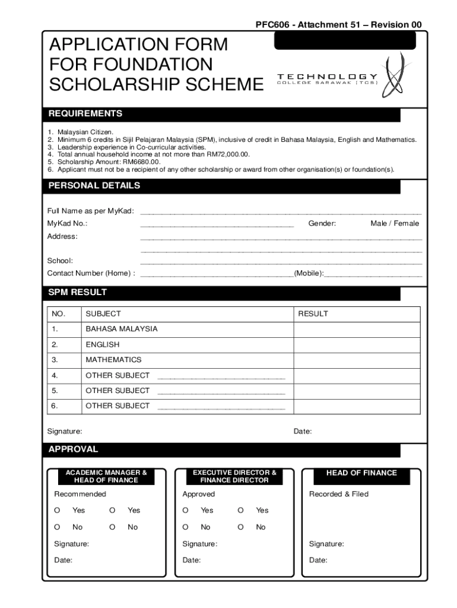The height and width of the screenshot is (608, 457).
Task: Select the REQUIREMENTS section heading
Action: [85, 113]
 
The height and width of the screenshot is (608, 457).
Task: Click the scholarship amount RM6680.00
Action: [141, 161]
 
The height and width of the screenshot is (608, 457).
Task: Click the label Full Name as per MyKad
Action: [90, 211]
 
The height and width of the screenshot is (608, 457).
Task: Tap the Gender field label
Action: [322, 223]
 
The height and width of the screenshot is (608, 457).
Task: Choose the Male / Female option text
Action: [395, 223]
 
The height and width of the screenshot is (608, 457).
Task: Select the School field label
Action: [60, 261]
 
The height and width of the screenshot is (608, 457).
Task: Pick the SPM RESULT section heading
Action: [77, 292]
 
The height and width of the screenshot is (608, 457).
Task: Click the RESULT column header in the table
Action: [313, 313]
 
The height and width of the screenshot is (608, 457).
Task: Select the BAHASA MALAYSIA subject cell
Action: [122, 329]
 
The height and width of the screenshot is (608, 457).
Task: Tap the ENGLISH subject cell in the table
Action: [102, 344]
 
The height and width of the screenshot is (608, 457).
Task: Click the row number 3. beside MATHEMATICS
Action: [55, 360]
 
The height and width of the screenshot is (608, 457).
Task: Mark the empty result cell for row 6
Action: [357, 406]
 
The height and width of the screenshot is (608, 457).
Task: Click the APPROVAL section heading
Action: [73, 449]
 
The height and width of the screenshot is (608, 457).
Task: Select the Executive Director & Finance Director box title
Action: [234, 476]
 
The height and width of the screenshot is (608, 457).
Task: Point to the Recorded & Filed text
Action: [338, 494]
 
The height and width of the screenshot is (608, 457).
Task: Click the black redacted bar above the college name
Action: [344, 41]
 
